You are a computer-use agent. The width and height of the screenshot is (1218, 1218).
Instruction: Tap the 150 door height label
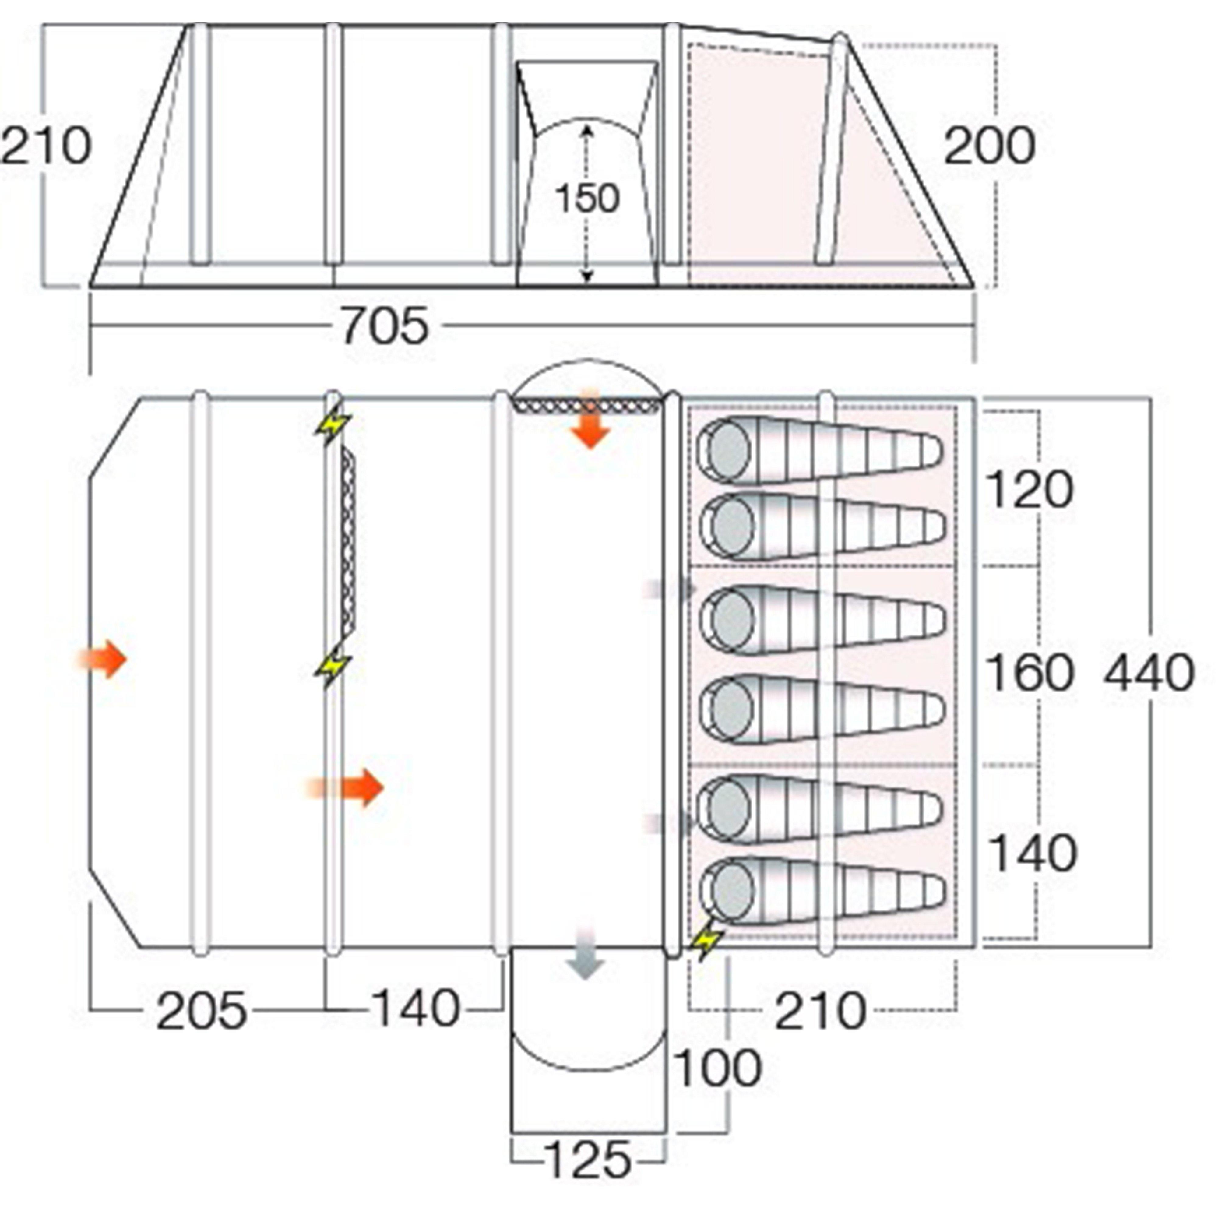(588, 199)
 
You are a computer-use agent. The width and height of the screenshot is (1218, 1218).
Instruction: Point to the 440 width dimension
(1149, 673)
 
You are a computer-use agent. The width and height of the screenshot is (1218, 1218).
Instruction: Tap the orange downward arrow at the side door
(590, 421)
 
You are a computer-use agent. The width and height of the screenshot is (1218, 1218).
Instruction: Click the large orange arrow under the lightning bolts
(350, 787)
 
